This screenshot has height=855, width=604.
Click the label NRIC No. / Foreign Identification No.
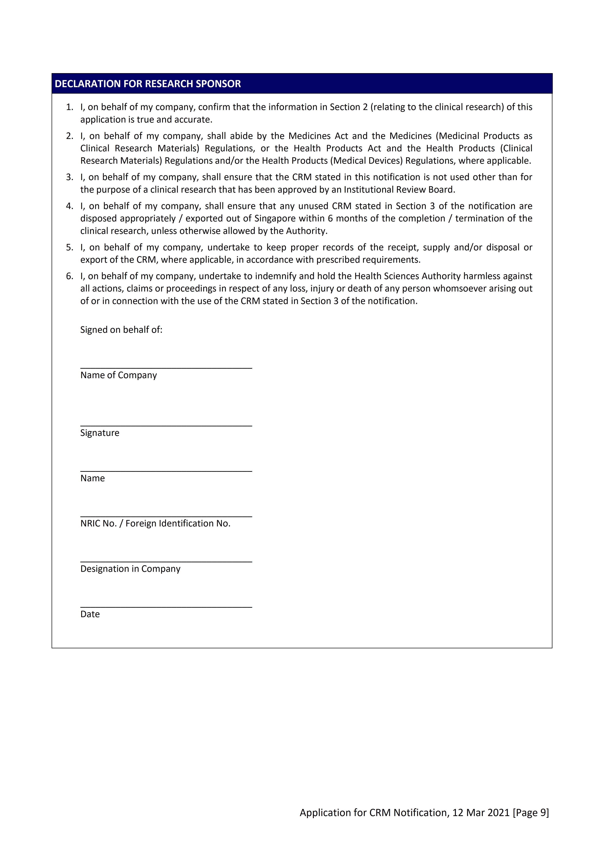tap(155, 524)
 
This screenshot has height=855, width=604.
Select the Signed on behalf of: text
tap(121, 330)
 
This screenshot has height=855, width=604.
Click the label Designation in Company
tap(130, 569)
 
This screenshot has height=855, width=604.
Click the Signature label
tap(100, 433)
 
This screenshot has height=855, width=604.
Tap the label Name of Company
tap(118, 375)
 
